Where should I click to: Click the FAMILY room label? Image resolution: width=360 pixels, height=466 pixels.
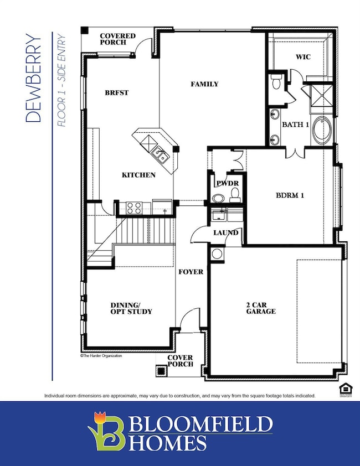point(204,84)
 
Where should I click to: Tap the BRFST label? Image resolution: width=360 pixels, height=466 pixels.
point(117,93)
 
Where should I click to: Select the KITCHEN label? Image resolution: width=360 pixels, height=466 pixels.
point(138,175)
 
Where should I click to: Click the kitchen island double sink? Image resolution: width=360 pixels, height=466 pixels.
point(161,154)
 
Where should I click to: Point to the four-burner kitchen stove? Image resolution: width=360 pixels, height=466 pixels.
point(134,208)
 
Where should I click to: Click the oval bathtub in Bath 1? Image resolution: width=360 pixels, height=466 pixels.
point(322,131)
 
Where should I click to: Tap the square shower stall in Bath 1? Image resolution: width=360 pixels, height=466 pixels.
point(321,95)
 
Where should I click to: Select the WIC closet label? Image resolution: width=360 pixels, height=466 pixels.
point(303,56)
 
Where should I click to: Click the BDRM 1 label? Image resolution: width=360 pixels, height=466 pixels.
point(290,195)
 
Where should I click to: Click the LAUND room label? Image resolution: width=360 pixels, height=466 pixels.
point(226,232)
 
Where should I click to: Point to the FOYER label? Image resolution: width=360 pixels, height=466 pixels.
point(191,272)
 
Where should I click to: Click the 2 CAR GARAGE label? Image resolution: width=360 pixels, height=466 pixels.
point(261,308)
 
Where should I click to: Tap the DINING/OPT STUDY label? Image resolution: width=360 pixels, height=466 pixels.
point(131,308)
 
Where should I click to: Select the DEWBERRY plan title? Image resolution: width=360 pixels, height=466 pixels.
point(33,78)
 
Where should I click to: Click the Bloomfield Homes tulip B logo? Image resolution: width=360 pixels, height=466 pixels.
point(106,431)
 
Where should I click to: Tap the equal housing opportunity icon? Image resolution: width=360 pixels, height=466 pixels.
point(346,390)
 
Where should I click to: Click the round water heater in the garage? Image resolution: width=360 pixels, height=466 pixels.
point(217,254)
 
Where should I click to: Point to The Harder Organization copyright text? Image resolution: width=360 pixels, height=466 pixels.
point(101,356)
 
